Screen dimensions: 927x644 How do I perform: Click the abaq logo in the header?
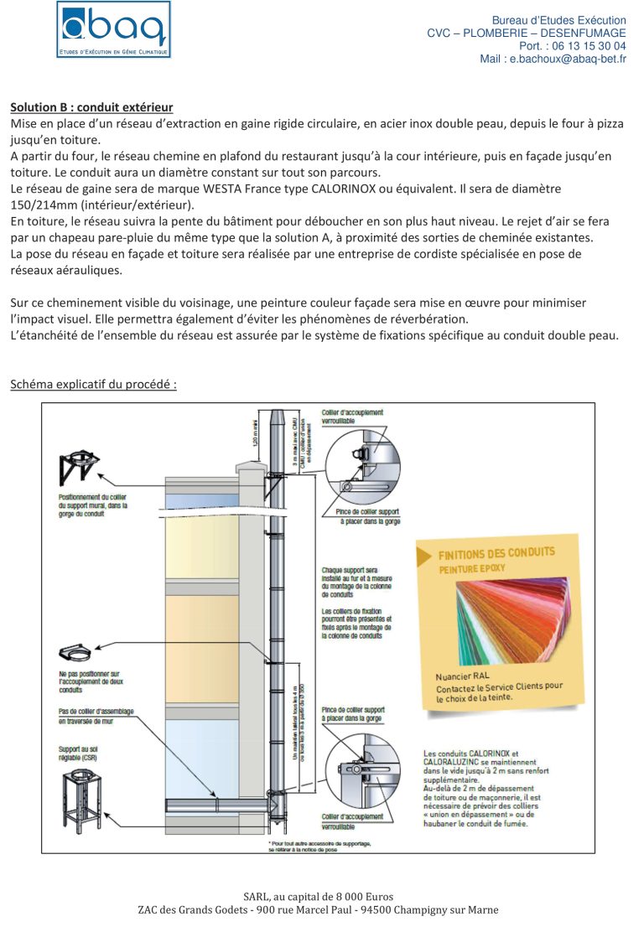(x=114, y=30)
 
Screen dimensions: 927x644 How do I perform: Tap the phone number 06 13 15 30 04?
(x=589, y=46)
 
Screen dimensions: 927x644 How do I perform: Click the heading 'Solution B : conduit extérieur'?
(x=91, y=107)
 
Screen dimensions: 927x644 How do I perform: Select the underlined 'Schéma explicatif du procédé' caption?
(x=93, y=385)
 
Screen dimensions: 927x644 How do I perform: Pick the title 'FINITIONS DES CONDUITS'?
(x=496, y=553)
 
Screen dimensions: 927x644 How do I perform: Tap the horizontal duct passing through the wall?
(x=216, y=806)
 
